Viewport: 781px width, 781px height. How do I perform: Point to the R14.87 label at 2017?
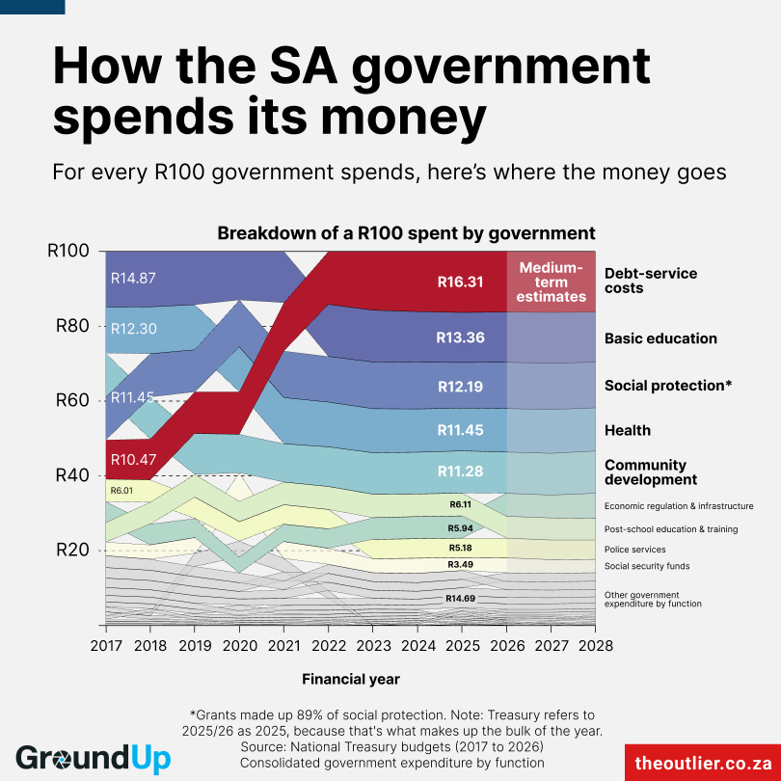click(x=133, y=278)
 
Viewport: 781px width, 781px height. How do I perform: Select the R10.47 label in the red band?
click(x=133, y=459)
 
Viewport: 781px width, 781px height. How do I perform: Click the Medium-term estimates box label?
click(x=551, y=282)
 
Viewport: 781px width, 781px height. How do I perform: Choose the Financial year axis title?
click(x=351, y=679)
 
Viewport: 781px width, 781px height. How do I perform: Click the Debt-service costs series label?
click(x=650, y=281)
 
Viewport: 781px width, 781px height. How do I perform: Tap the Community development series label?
click(x=650, y=472)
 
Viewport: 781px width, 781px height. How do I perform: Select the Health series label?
click(x=627, y=430)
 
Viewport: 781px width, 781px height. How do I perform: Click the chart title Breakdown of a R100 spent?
click(x=406, y=233)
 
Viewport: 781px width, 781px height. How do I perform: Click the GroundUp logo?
click(x=93, y=758)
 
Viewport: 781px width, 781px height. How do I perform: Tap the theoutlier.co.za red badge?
click(x=700, y=762)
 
